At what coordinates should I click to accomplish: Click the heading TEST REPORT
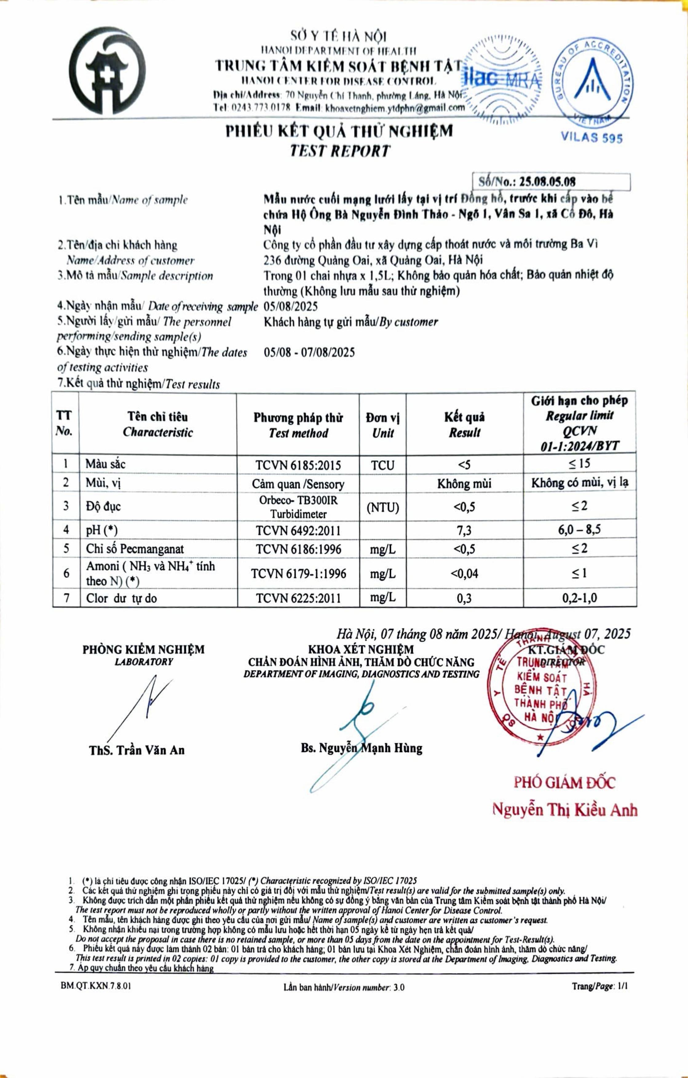(339, 151)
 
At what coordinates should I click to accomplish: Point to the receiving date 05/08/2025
(291, 307)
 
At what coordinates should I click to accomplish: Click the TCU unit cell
(382, 465)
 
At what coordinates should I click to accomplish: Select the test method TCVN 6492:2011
(298, 531)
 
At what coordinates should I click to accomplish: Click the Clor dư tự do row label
(121, 598)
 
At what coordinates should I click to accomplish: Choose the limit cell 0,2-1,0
(579, 598)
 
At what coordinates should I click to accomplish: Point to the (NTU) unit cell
(382, 508)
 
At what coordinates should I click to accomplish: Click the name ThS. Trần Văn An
(136, 750)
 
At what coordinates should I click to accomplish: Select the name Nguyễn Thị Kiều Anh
(564, 809)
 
